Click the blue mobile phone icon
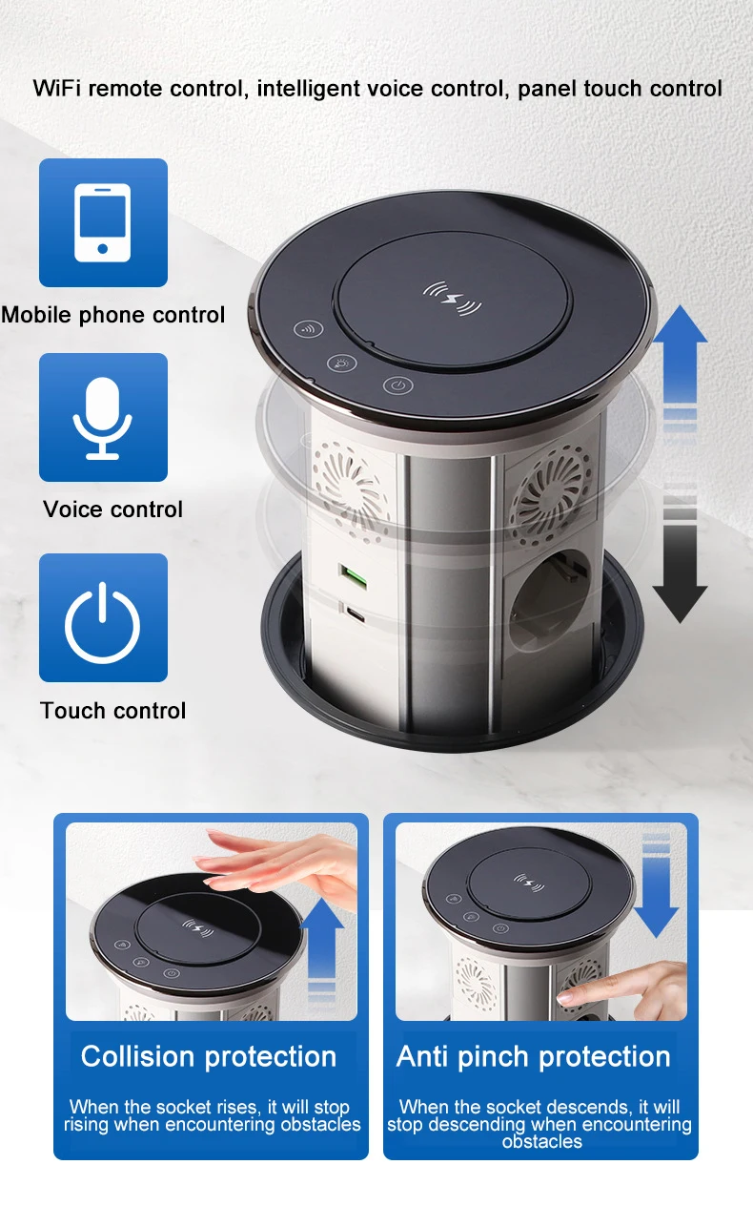point(103,222)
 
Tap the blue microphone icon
point(103,417)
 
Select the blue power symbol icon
point(103,617)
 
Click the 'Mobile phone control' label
point(112,315)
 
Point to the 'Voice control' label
point(112,509)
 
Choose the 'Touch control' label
point(112,711)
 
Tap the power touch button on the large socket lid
point(397,386)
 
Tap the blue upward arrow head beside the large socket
point(679,324)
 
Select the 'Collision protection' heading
point(209,1057)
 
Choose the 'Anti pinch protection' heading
point(534,1057)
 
